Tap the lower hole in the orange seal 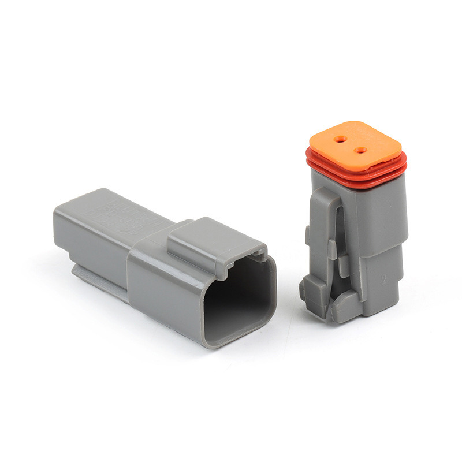point(361,150)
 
